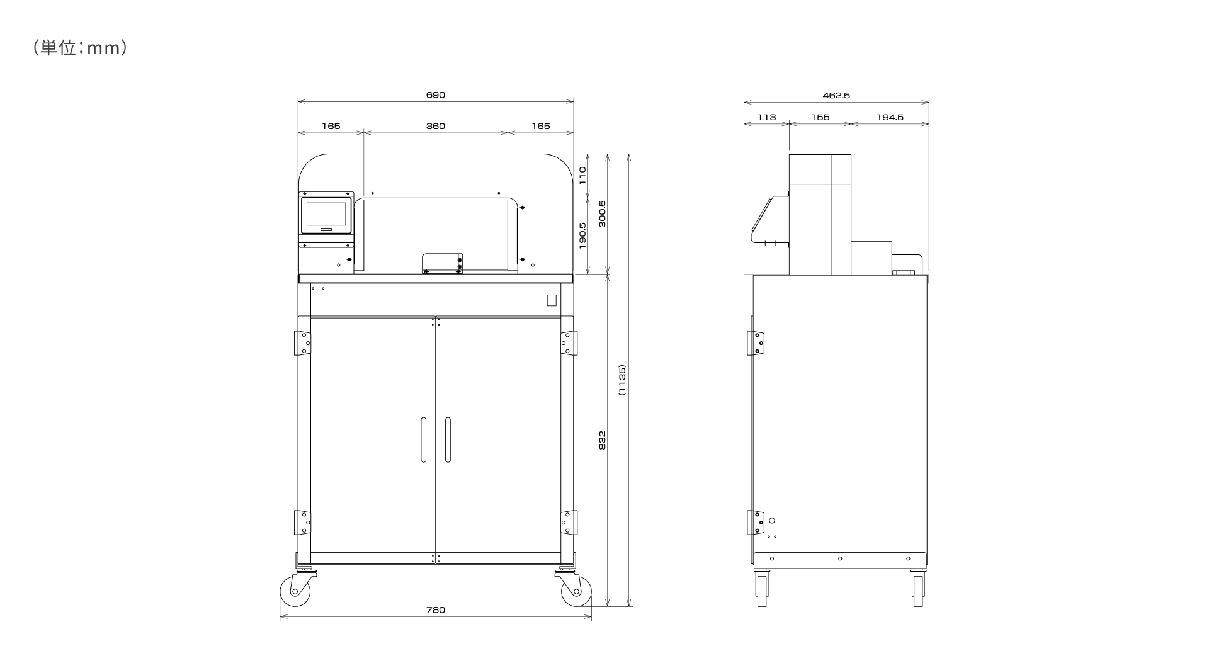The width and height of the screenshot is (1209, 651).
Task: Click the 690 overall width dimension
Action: pyautogui.click(x=435, y=95)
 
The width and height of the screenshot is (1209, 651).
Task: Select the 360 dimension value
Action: pyautogui.click(x=435, y=126)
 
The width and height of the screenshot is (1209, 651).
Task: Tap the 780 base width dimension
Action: pyautogui.click(x=435, y=609)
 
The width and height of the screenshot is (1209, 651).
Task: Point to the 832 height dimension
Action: pyautogui.click(x=602, y=439)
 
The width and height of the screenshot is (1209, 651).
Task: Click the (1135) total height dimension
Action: pyautogui.click(x=622, y=380)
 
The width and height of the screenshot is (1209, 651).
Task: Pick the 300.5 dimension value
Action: pyautogui.click(x=602, y=213)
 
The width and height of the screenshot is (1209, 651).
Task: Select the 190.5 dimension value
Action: pyautogui.click(x=582, y=235)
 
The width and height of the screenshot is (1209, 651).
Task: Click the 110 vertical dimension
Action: pyautogui.click(x=582, y=175)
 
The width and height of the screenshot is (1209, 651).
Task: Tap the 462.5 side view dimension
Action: pyautogui.click(x=836, y=95)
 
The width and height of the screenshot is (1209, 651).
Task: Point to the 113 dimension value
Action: pyautogui.click(x=766, y=117)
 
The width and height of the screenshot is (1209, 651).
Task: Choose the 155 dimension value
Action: pyautogui.click(x=820, y=117)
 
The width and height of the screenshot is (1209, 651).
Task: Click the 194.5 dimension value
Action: pyautogui.click(x=890, y=117)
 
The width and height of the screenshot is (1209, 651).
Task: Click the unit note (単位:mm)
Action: pyautogui.click(x=80, y=48)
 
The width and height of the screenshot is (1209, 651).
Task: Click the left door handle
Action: pyautogui.click(x=424, y=439)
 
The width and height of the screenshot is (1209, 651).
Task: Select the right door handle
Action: pyautogui.click(x=448, y=439)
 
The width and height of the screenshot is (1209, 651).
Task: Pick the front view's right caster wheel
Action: pyautogui.click(x=576, y=591)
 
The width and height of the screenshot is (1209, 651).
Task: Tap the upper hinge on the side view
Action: pyautogui.click(x=756, y=343)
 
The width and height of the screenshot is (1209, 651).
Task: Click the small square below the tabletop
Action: pyautogui.click(x=552, y=301)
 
